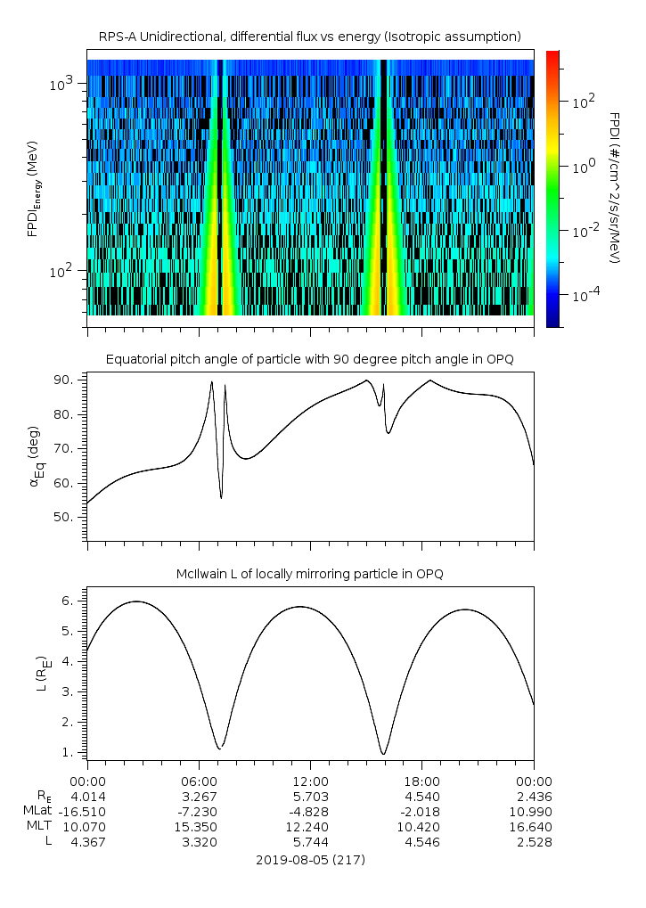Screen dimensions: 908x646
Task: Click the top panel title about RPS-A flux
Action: click(309, 36)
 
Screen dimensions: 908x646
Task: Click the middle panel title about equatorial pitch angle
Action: click(309, 359)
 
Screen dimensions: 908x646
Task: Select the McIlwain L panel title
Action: click(309, 573)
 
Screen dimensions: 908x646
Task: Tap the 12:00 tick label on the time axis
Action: click(310, 780)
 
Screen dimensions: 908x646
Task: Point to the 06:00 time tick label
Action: click(199, 780)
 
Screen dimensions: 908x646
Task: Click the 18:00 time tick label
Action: click(421, 780)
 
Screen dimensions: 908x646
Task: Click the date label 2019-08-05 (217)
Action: click(310, 860)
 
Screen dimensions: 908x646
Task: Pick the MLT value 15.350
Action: click(199, 826)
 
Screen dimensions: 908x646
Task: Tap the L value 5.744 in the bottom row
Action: click(310, 841)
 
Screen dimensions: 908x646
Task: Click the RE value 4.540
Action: click(421, 795)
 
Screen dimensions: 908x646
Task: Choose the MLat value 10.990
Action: click(534, 810)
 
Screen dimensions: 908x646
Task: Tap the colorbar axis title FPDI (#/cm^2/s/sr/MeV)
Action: click(615, 187)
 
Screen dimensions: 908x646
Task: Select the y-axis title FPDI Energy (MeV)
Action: click(34, 187)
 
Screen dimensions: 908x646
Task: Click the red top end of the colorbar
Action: click(552, 54)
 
